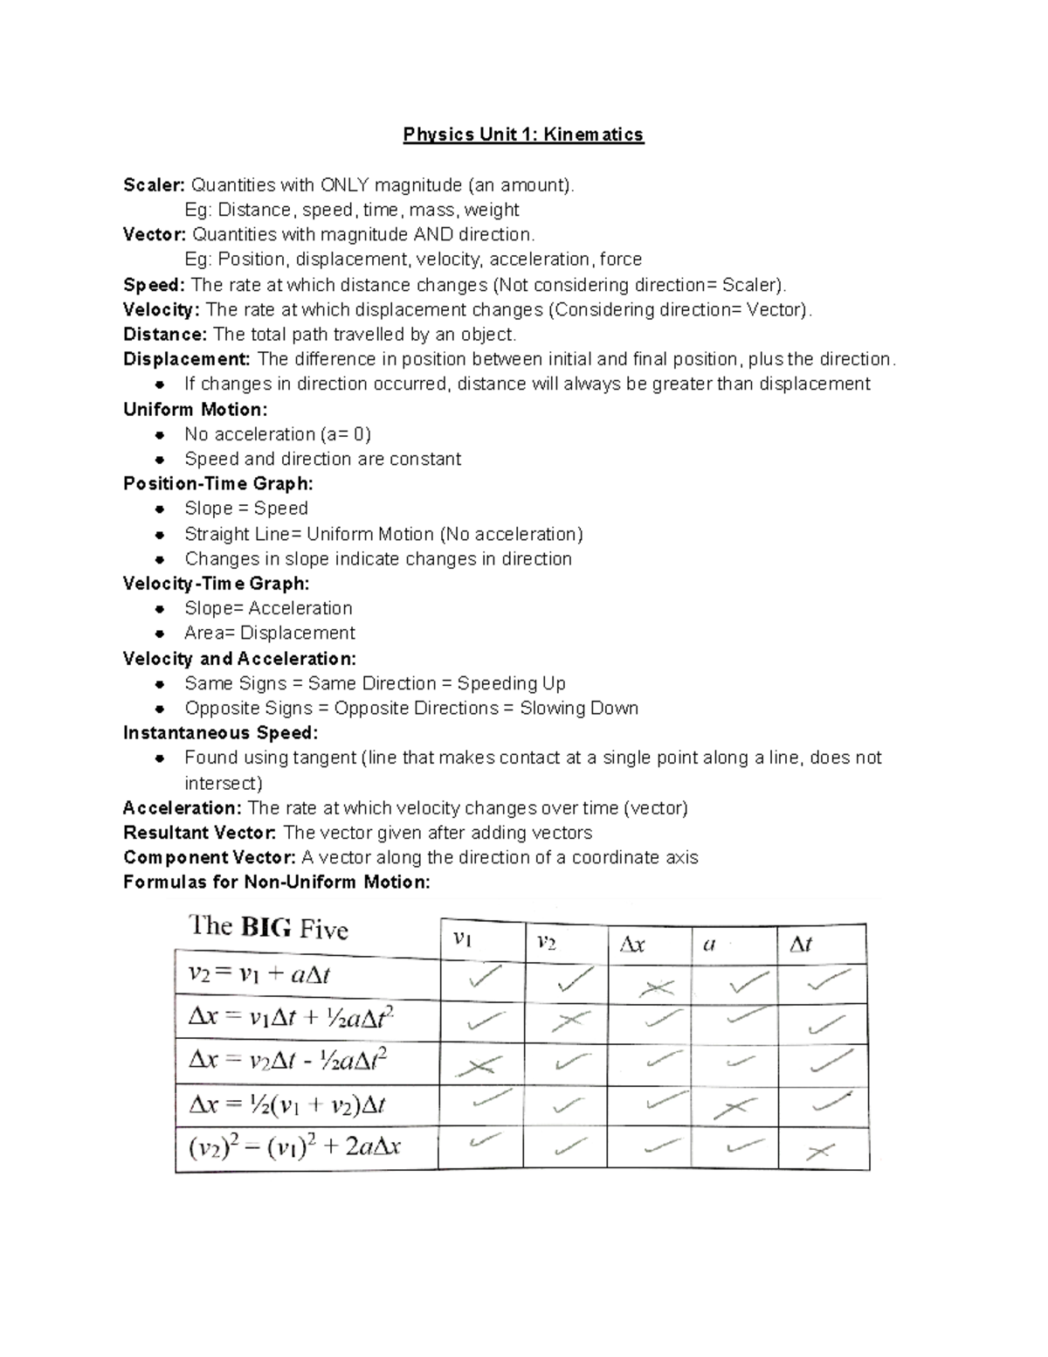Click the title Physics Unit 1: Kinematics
pos(522,135)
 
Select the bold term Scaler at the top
pos(154,185)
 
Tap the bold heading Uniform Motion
pos(195,410)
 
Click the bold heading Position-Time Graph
pos(217,483)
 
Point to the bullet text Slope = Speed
pos(245,509)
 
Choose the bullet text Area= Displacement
pos(269,633)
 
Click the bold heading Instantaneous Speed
pos(220,732)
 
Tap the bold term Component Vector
pos(209,857)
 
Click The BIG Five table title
pos(269,927)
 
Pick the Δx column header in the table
pos(631,945)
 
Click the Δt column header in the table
pos(800,944)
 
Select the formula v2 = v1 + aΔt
pos(259,974)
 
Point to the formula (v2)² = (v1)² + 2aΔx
pos(294,1146)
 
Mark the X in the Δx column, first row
pos(656,988)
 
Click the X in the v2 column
pos(569,1021)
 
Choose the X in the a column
pos(734,1108)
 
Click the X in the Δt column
pos(820,1153)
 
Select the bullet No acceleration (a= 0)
pos(277,434)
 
